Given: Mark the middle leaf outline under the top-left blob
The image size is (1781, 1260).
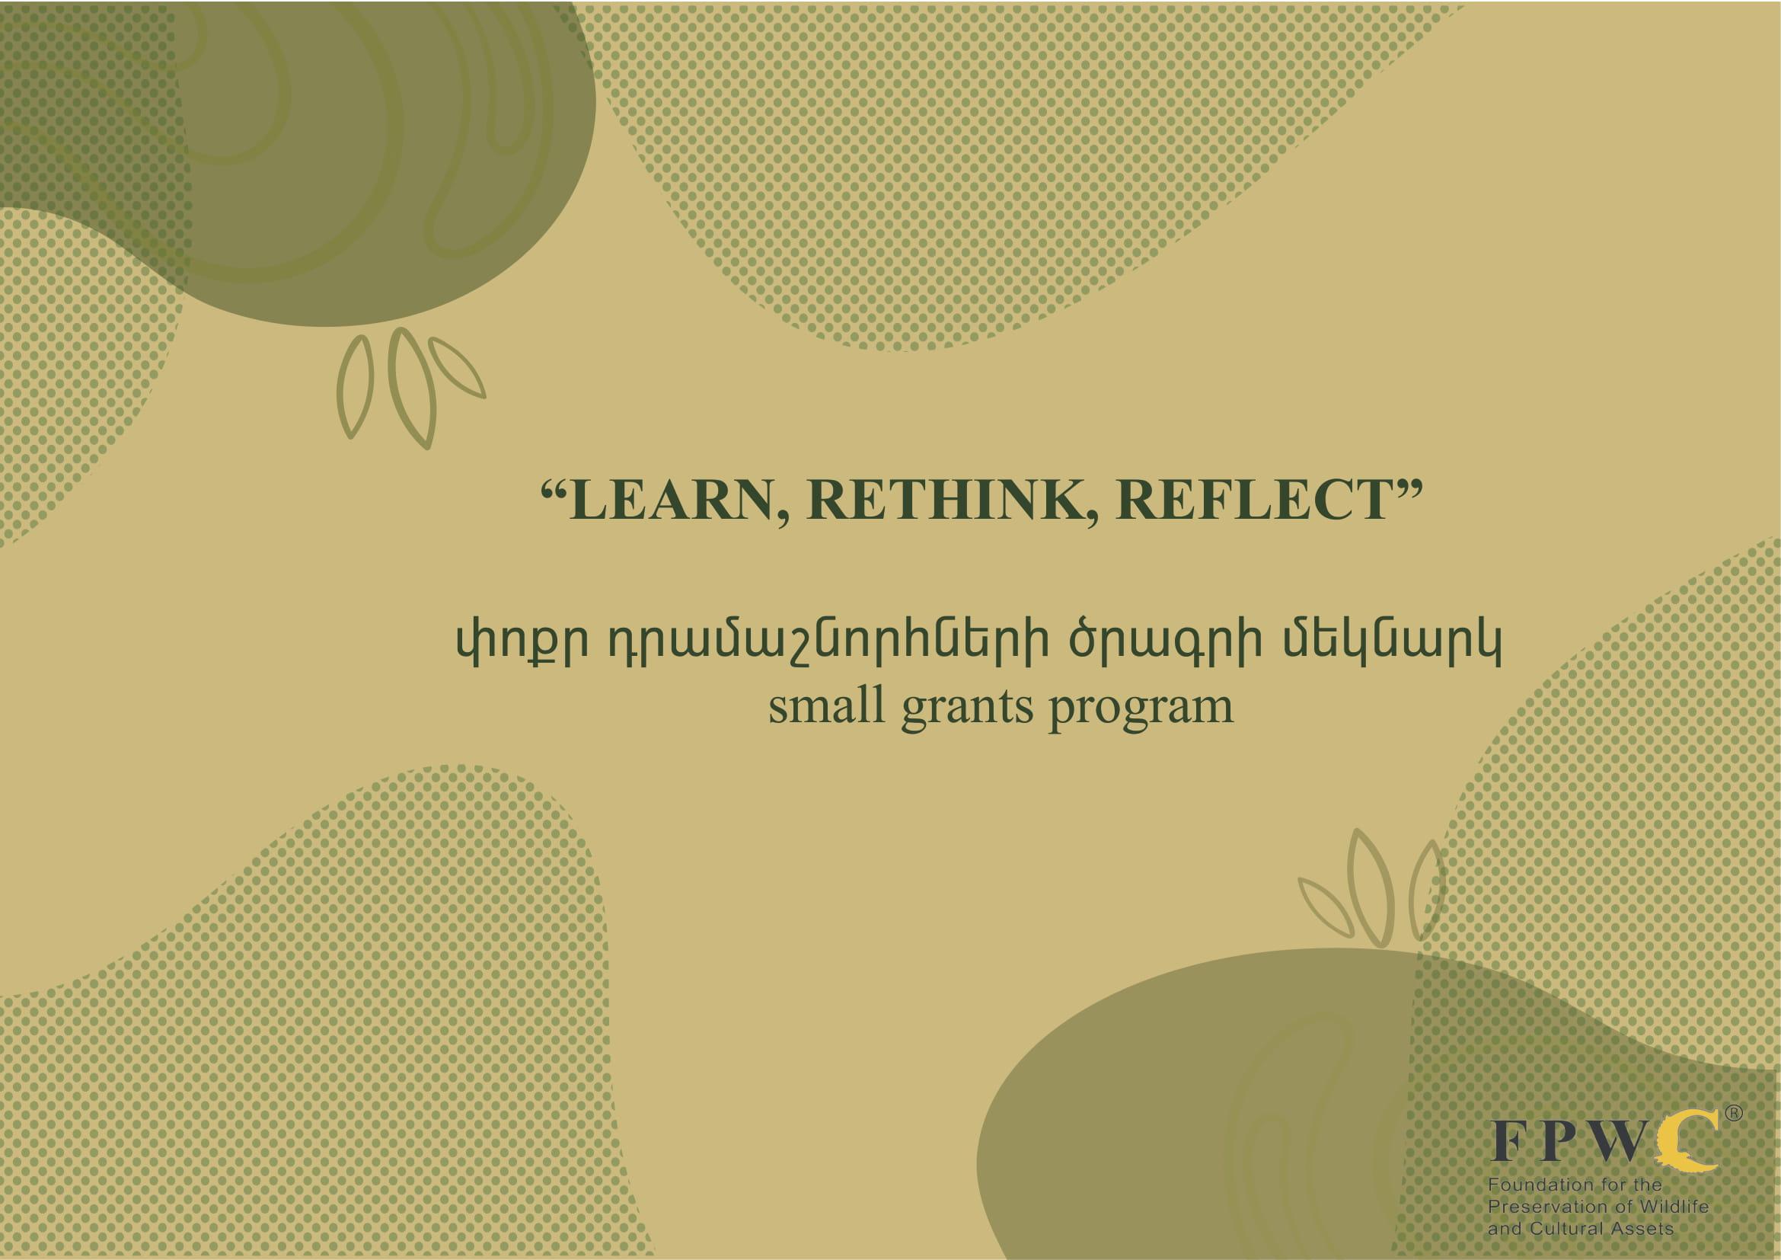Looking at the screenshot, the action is click(x=412, y=388).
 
